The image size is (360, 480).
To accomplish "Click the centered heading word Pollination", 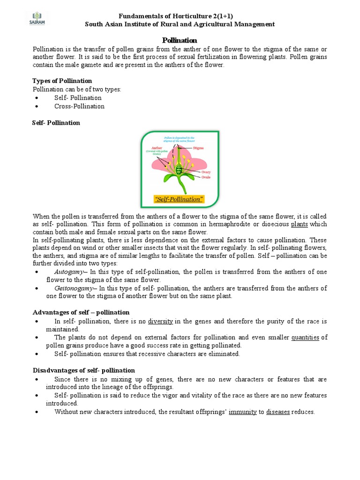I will [180, 40].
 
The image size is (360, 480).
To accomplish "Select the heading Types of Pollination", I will [62, 81].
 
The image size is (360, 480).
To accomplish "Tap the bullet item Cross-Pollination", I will [79, 106].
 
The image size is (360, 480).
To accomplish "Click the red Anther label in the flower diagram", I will [157, 147].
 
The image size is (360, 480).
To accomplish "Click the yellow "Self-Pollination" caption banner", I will [179, 200].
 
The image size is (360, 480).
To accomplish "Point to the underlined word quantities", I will [305, 337].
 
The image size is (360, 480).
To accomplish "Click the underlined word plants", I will [299, 224].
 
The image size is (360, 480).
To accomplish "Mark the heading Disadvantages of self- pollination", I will [84, 370].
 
